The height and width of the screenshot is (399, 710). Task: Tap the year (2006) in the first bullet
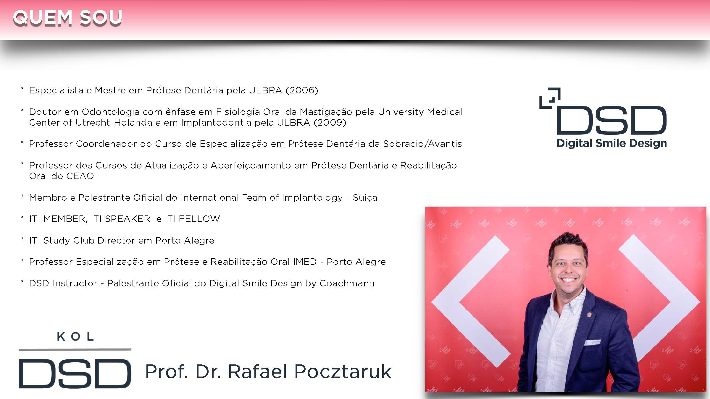pos(302,90)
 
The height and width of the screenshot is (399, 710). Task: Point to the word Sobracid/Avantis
pos(422,144)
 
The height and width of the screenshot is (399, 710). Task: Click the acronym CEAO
pos(80,176)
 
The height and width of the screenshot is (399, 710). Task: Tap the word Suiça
pos(365,197)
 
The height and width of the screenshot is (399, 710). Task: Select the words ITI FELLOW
pos(192,219)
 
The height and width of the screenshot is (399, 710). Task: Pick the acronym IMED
pos(305,262)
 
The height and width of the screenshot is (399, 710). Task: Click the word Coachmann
pos(347,283)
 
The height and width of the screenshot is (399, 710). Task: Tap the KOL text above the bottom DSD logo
pos(75,336)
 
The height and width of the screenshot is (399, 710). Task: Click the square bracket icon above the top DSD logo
pos(550,98)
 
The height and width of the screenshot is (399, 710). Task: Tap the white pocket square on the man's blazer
pos(592,343)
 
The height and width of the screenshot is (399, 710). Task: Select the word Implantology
pos(312,198)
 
